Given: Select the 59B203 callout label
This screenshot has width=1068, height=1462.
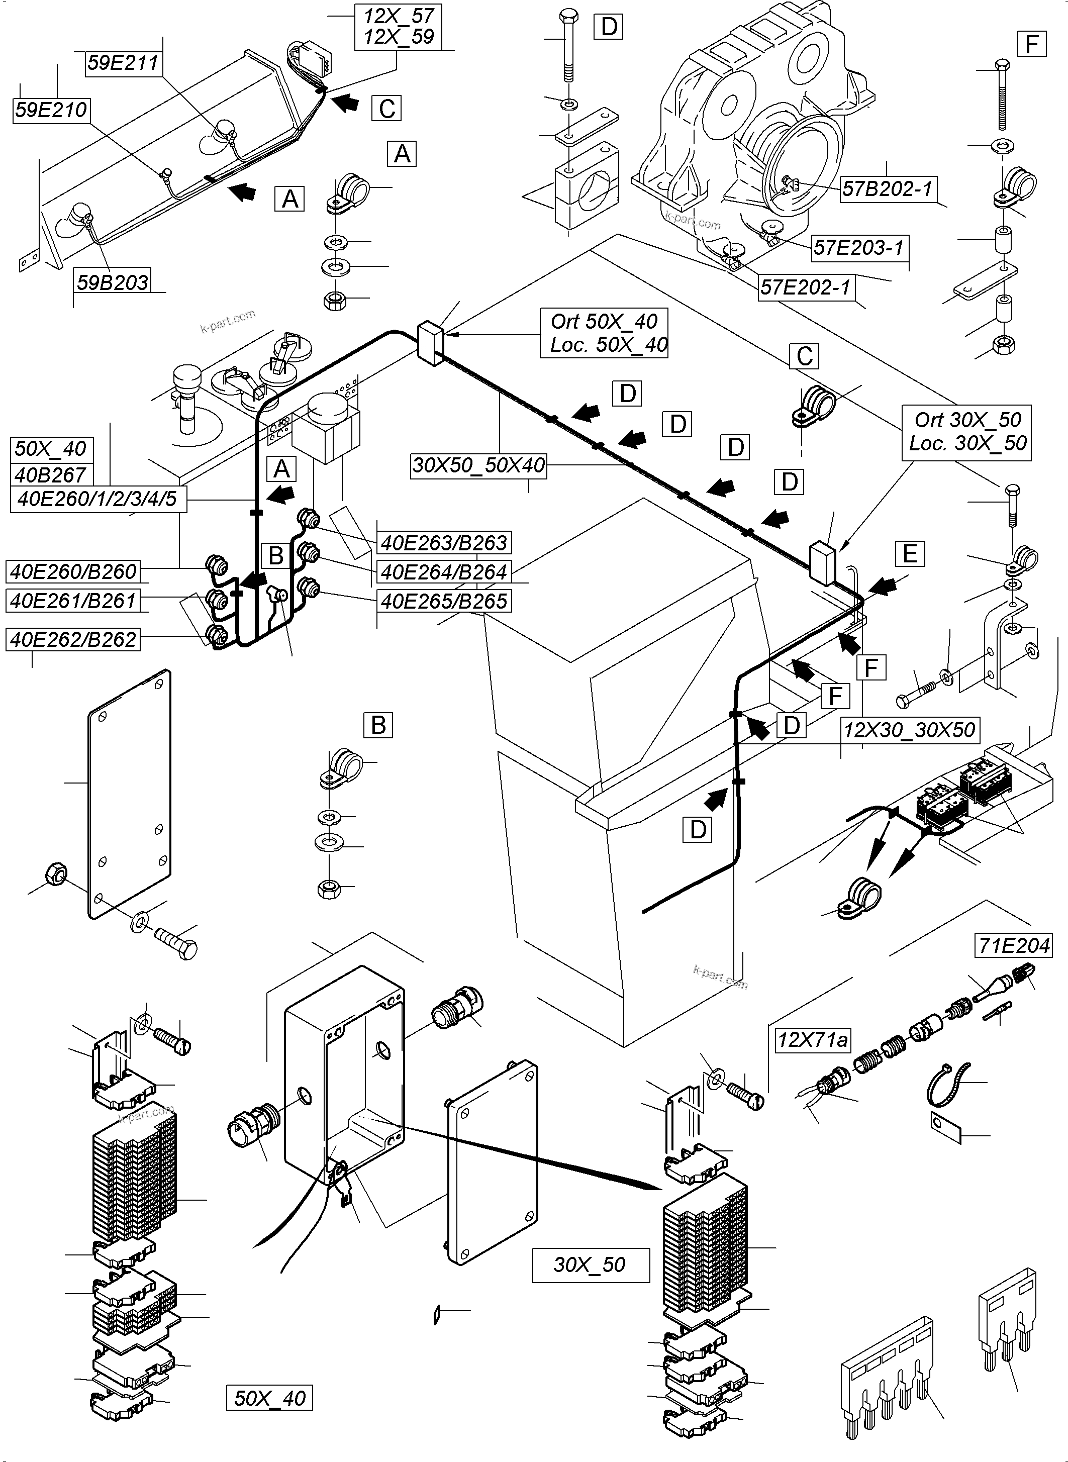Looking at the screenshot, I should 113,282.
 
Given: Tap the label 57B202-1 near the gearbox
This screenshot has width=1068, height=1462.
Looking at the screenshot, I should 887,189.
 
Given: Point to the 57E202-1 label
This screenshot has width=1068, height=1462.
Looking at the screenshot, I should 806,286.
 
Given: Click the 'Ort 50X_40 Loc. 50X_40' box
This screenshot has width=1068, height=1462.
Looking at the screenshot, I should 604,333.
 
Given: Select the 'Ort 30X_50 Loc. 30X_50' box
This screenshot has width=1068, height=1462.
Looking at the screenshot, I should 966,432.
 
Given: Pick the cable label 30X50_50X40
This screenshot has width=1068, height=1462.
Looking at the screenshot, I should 478,465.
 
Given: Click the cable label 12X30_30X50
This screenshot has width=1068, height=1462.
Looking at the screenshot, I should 909,730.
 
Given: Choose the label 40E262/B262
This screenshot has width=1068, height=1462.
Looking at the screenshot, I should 73,639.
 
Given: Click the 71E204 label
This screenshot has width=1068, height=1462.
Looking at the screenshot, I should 1014,945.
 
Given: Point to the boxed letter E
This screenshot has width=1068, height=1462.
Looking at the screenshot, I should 910,554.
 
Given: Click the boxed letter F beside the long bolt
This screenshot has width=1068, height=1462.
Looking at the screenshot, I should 1031,44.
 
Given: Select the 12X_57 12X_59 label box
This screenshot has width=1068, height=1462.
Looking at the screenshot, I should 398,26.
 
